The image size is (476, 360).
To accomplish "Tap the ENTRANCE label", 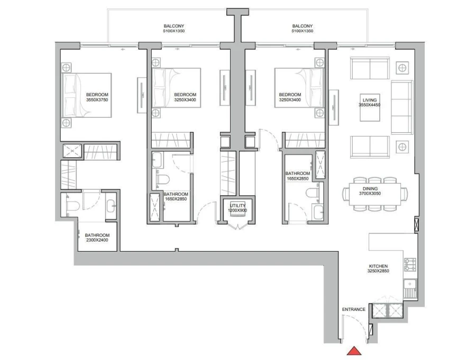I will tap(354, 309).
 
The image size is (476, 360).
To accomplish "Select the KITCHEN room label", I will tap(379, 266).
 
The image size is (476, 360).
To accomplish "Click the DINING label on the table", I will tap(370, 188).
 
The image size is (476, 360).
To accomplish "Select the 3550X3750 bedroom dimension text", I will tap(97, 99).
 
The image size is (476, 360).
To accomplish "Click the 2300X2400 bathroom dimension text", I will tap(97, 241).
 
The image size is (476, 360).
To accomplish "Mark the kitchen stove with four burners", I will tap(410, 264).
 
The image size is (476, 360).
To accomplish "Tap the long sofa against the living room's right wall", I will tap(401, 108).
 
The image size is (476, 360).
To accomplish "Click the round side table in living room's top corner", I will tap(402, 68).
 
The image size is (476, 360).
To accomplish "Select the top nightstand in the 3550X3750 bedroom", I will tap(67, 68).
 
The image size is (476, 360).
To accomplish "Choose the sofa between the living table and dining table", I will tap(370, 146).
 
